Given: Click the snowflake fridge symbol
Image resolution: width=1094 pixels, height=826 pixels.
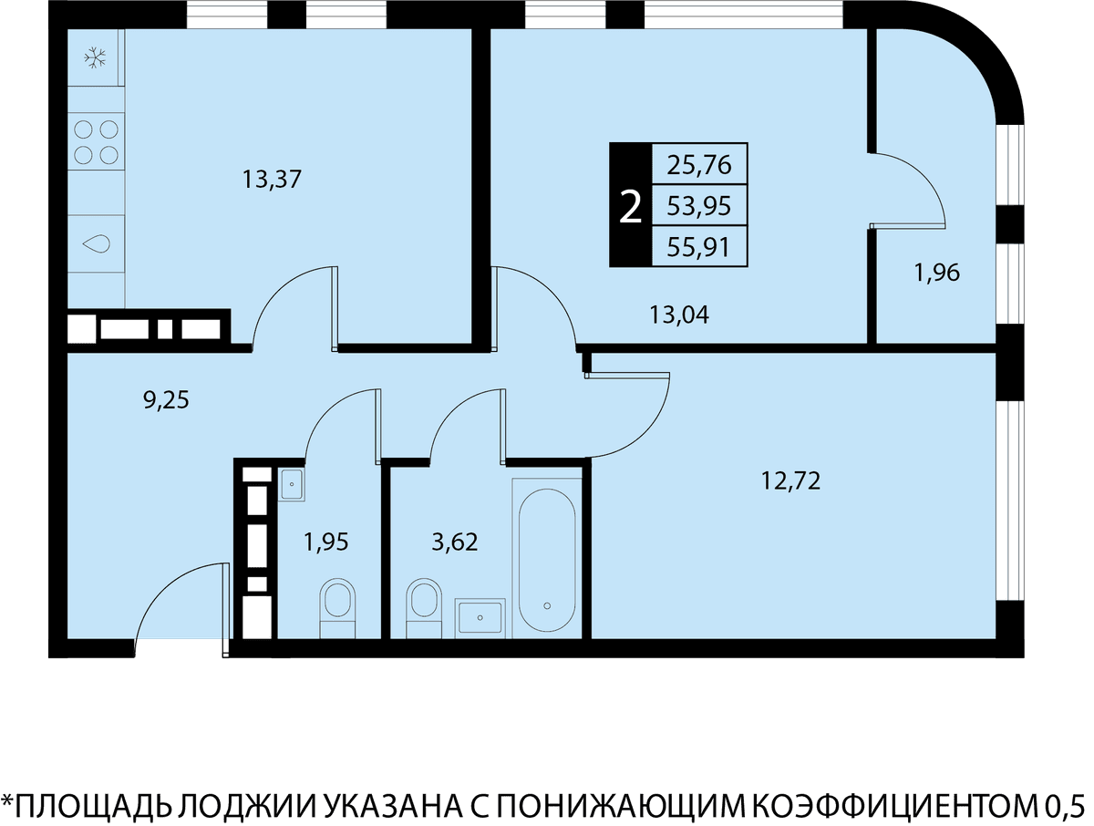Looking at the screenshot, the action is [95, 57].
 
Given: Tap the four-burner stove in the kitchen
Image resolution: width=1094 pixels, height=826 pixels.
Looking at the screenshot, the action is [97, 142].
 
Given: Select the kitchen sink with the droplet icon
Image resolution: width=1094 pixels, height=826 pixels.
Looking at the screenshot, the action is [97, 243].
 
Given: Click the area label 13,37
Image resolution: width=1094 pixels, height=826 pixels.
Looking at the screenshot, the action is [272, 180].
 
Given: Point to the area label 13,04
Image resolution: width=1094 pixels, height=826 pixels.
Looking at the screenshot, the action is [679, 315].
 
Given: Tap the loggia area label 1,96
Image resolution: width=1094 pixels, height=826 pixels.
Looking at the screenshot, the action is [937, 273].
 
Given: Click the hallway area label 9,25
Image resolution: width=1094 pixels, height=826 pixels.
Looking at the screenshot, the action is [167, 400].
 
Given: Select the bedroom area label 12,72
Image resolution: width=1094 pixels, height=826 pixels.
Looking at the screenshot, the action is [791, 481].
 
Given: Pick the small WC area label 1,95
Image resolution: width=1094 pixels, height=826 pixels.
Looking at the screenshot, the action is [326, 542].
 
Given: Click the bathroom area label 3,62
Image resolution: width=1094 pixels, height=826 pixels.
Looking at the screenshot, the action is [455, 542].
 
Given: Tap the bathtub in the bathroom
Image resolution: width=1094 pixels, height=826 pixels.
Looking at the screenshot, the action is [547, 559].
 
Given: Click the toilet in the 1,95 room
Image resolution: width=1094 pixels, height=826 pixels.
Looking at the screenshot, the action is [337, 608].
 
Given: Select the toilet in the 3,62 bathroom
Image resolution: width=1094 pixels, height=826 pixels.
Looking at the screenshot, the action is [424, 608].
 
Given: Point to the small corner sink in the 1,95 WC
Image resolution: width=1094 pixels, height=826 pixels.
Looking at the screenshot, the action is [291, 484].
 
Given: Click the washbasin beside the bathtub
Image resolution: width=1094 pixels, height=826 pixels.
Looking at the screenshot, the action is [480, 618].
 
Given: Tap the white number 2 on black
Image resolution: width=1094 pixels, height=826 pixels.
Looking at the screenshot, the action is [630, 209].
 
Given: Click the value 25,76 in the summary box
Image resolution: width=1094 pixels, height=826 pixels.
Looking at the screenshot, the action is [698, 165].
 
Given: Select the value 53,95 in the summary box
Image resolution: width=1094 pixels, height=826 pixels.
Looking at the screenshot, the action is [698, 206].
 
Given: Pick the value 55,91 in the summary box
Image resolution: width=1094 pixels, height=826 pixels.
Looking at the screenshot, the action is [698, 247].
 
